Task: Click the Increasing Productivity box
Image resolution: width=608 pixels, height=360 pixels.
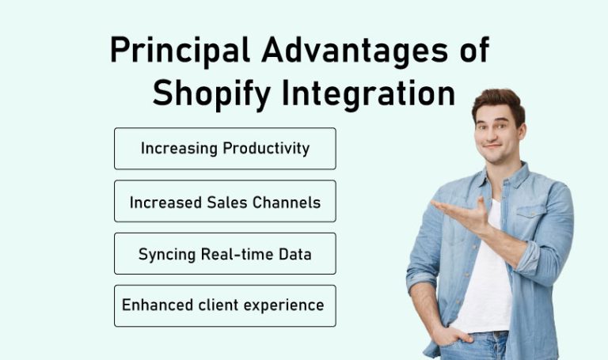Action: (225, 149)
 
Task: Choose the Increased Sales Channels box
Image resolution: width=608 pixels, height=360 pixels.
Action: (225, 202)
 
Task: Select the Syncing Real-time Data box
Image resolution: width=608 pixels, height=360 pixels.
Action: (225, 254)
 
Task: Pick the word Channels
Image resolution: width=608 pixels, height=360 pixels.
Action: (286, 202)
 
